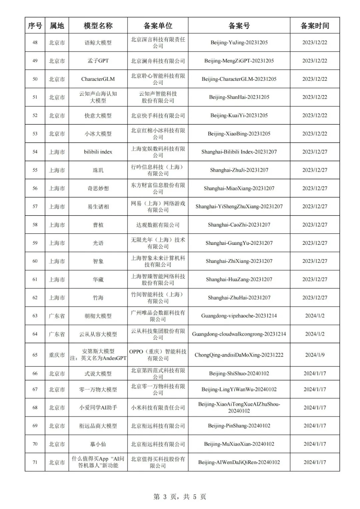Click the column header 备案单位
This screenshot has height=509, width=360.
tap(158, 26)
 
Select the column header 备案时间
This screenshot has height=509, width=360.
tap(315, 26)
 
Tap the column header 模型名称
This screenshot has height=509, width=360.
tap(98, 26)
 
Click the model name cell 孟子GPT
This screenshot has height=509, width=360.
tap(98, 61)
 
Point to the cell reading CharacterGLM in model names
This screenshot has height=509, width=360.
tap(98, 79)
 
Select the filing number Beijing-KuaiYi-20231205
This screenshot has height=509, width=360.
tap(239, 115)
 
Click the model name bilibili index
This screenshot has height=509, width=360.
tap(98, 152)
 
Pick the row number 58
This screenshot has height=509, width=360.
tap(35, 225)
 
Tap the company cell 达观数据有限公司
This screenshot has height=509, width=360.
tap(158, 225)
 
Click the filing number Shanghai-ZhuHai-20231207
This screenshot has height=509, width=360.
tap(239, 298)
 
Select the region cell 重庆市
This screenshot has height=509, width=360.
tap(57, 355)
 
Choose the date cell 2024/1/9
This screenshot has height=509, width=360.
tap(315, 355)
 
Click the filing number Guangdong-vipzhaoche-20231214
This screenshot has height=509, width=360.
tap(239, 316)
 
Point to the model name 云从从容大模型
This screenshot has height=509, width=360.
tap(98, 334)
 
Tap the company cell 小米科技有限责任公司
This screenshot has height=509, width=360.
tap(158, 408)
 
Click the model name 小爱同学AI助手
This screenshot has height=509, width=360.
tap(98, 408)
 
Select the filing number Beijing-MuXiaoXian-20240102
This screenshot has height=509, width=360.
tap(239, 444)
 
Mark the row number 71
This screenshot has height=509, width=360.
tap(35, 462)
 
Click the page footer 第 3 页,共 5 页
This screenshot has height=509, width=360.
tap(180, 497)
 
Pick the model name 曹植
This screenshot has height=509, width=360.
tap(98, 225)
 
